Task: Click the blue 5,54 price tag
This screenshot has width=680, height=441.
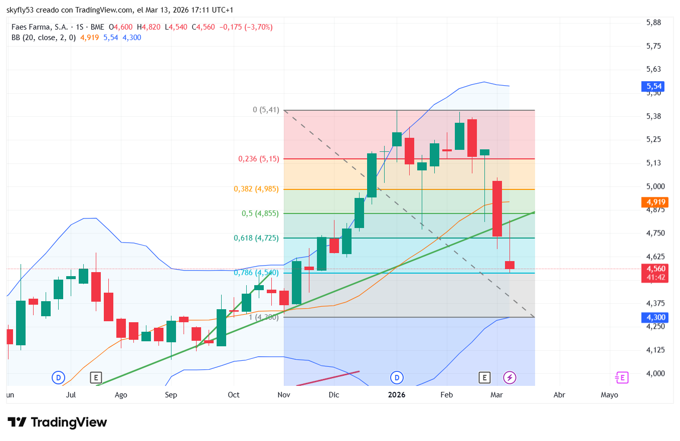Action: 652,87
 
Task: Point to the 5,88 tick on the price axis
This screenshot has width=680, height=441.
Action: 654,23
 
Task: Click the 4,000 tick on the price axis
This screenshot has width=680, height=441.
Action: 654,373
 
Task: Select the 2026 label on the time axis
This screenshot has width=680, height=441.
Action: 397,395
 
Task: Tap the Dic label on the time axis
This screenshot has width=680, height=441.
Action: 334,395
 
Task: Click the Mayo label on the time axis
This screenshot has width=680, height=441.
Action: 609,395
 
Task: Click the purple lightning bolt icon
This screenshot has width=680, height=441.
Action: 509,377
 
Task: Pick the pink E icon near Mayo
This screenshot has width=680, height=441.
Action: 622,377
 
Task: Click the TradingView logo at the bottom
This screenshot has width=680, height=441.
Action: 57,422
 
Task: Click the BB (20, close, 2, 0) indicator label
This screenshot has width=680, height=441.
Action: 44,37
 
